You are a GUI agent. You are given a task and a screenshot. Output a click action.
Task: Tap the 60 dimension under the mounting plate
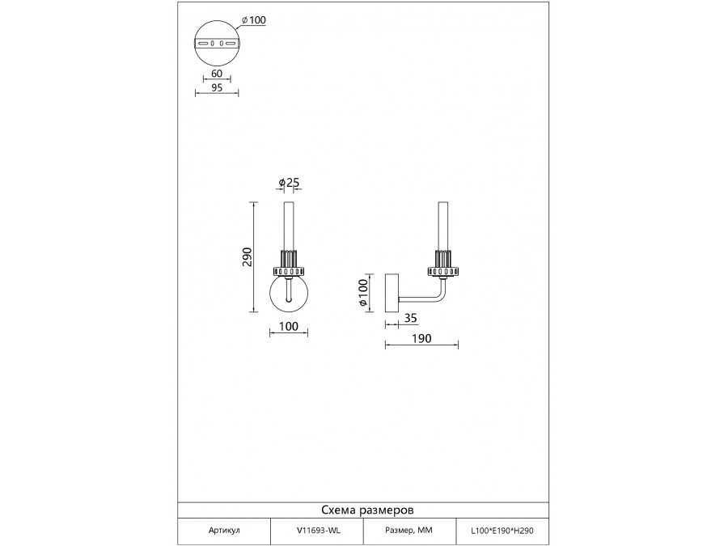click(217, 74)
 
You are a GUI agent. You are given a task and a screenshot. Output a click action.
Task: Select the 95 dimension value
click(217, 87)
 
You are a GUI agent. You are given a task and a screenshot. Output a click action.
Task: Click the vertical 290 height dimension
click(247, 256)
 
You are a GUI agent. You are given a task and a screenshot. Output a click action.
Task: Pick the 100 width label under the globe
click(289, 327)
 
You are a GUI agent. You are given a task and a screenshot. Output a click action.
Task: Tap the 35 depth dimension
click(411, 318)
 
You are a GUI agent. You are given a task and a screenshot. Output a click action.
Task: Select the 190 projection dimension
click(422, 338)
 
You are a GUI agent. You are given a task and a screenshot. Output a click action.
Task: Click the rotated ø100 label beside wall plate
click(363, 292)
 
